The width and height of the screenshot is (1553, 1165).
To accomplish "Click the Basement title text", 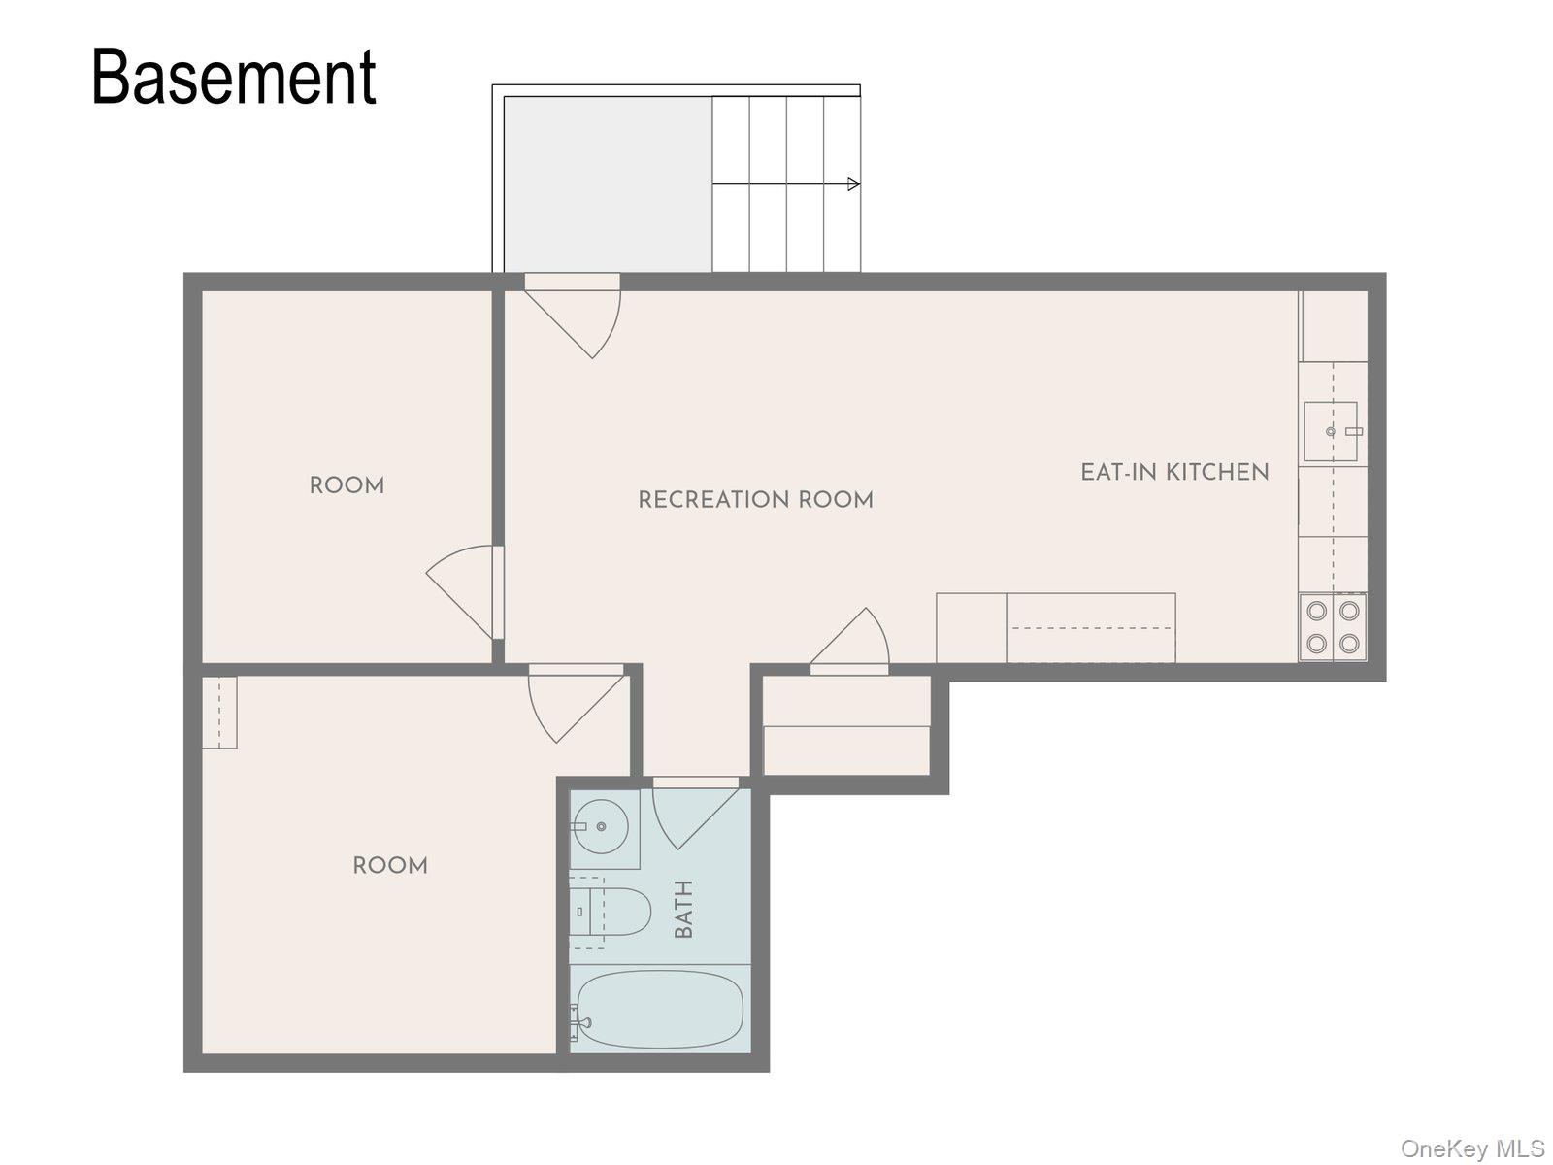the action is [234, 77].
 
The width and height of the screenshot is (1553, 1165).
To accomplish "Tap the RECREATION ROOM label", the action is [755, 499].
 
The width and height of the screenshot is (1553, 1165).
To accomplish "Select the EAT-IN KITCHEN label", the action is [1174, 472].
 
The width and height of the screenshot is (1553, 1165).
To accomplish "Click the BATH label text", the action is [682, 909].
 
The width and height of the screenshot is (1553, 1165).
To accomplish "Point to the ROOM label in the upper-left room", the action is [347, 485].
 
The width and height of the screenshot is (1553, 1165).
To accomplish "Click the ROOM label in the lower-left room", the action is [390, 865].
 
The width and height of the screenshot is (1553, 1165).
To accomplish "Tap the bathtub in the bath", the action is [660, 1009].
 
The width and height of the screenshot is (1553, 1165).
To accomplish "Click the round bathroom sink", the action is [600, 826].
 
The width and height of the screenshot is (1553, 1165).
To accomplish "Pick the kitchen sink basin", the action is [1331, 431].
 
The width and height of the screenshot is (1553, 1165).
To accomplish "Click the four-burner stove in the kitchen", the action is [1333, 627].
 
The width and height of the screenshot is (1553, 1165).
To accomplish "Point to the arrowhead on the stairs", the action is [853, 183].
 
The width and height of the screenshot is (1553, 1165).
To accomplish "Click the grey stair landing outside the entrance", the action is [608, 183].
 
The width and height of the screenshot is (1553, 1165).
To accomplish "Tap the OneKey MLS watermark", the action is [1473, 1148].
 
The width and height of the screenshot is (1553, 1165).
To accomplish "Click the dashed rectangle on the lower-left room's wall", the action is [219, 713].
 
